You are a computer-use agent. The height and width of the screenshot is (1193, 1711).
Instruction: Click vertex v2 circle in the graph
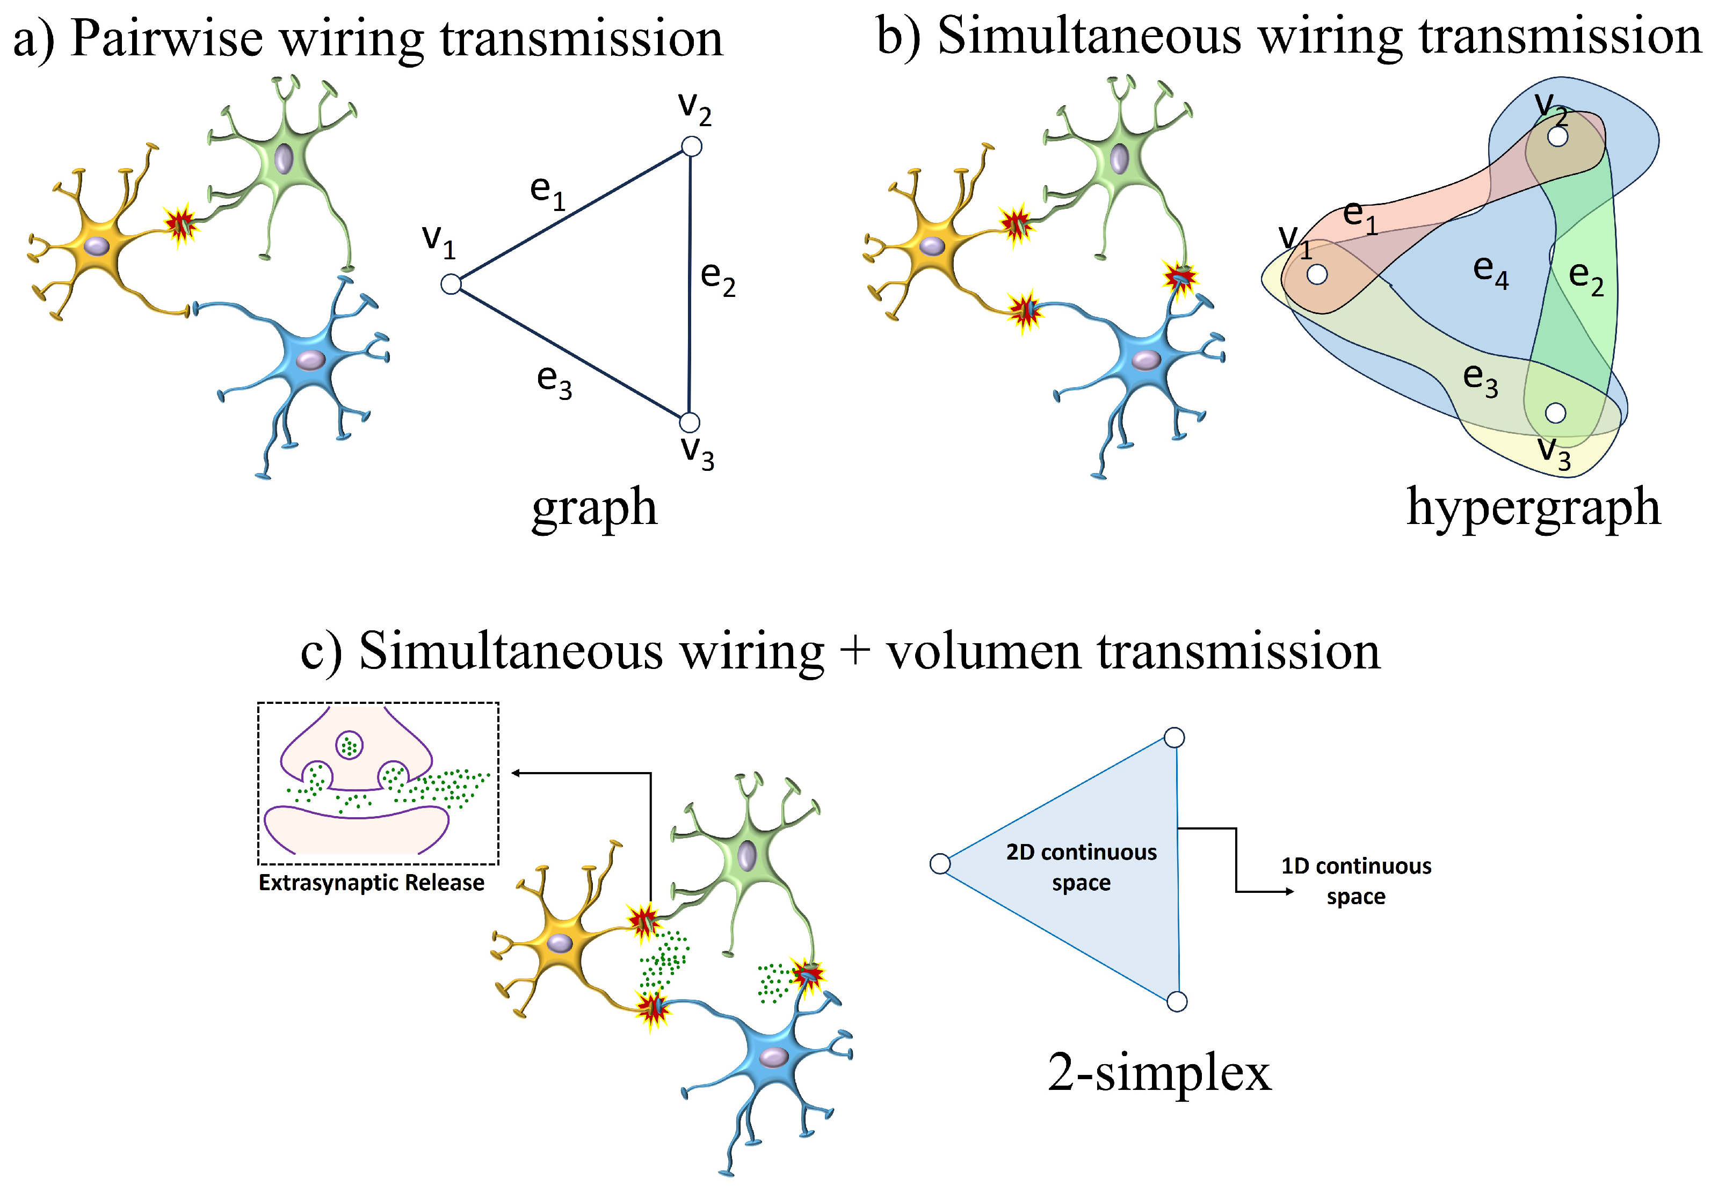pyautogui.click(x=692, y=146)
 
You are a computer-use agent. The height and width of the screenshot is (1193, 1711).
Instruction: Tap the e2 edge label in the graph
pyautogui.click(x=717, y=278)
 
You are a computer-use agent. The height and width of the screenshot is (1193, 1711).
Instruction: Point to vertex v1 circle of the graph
pyautogui.click(x=451, y=284)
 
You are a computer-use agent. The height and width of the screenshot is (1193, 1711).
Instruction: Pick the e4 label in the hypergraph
pyautogui.click(x=1490, y=271)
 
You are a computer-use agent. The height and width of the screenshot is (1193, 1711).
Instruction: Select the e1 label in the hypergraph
pyautogui.click(x=1359, y=217)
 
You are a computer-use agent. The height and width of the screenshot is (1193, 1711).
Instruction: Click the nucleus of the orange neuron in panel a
pyautogui.click(x=96, y=246)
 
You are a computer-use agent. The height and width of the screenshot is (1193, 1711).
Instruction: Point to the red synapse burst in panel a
pyautogui.click(x=179, y=223)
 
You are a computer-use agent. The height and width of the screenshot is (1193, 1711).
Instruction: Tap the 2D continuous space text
pyautogui.click(x=1081, y=867)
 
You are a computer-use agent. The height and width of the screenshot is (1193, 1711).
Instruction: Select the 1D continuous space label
pyautogui.click(x=1355, y=881)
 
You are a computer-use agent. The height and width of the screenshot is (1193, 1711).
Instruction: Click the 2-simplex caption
pyautogui.click(x=1159, y=1073)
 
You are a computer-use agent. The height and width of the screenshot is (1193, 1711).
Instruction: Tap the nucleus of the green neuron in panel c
pyautogui.click(x=746, y=855)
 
